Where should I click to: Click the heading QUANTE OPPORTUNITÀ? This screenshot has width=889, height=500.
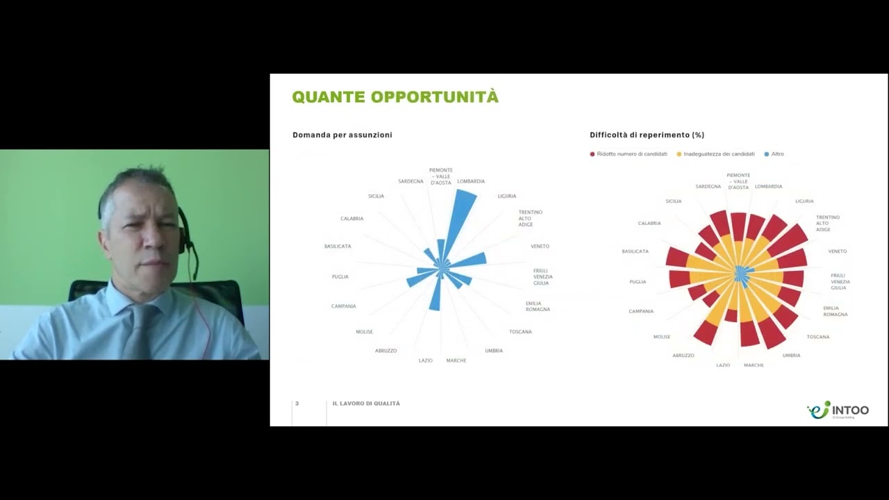395,97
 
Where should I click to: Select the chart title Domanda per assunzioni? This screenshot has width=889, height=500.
342,135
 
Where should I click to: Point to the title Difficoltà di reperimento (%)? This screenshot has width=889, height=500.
647,135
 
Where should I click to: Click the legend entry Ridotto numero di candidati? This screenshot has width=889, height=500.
631,154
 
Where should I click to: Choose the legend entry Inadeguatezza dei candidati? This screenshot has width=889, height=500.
719,154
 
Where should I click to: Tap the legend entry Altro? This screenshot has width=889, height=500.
777,154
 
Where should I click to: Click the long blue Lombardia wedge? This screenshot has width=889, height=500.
461,219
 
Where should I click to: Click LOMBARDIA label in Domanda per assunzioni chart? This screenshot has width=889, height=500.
471,181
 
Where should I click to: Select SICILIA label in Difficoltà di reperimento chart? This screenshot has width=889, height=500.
673,201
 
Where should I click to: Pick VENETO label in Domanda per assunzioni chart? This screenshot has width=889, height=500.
540,247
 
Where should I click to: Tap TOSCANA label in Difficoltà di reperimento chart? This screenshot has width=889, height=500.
817,337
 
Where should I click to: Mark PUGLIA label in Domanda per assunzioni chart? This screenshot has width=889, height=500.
340,277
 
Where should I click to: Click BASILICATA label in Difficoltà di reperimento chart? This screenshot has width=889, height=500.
635,251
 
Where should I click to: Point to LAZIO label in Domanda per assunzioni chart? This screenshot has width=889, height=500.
426,360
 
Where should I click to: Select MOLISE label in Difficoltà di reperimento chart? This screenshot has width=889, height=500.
661,337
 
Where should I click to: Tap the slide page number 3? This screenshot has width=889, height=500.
297,403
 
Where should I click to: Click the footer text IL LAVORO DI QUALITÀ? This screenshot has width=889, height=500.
366,403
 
